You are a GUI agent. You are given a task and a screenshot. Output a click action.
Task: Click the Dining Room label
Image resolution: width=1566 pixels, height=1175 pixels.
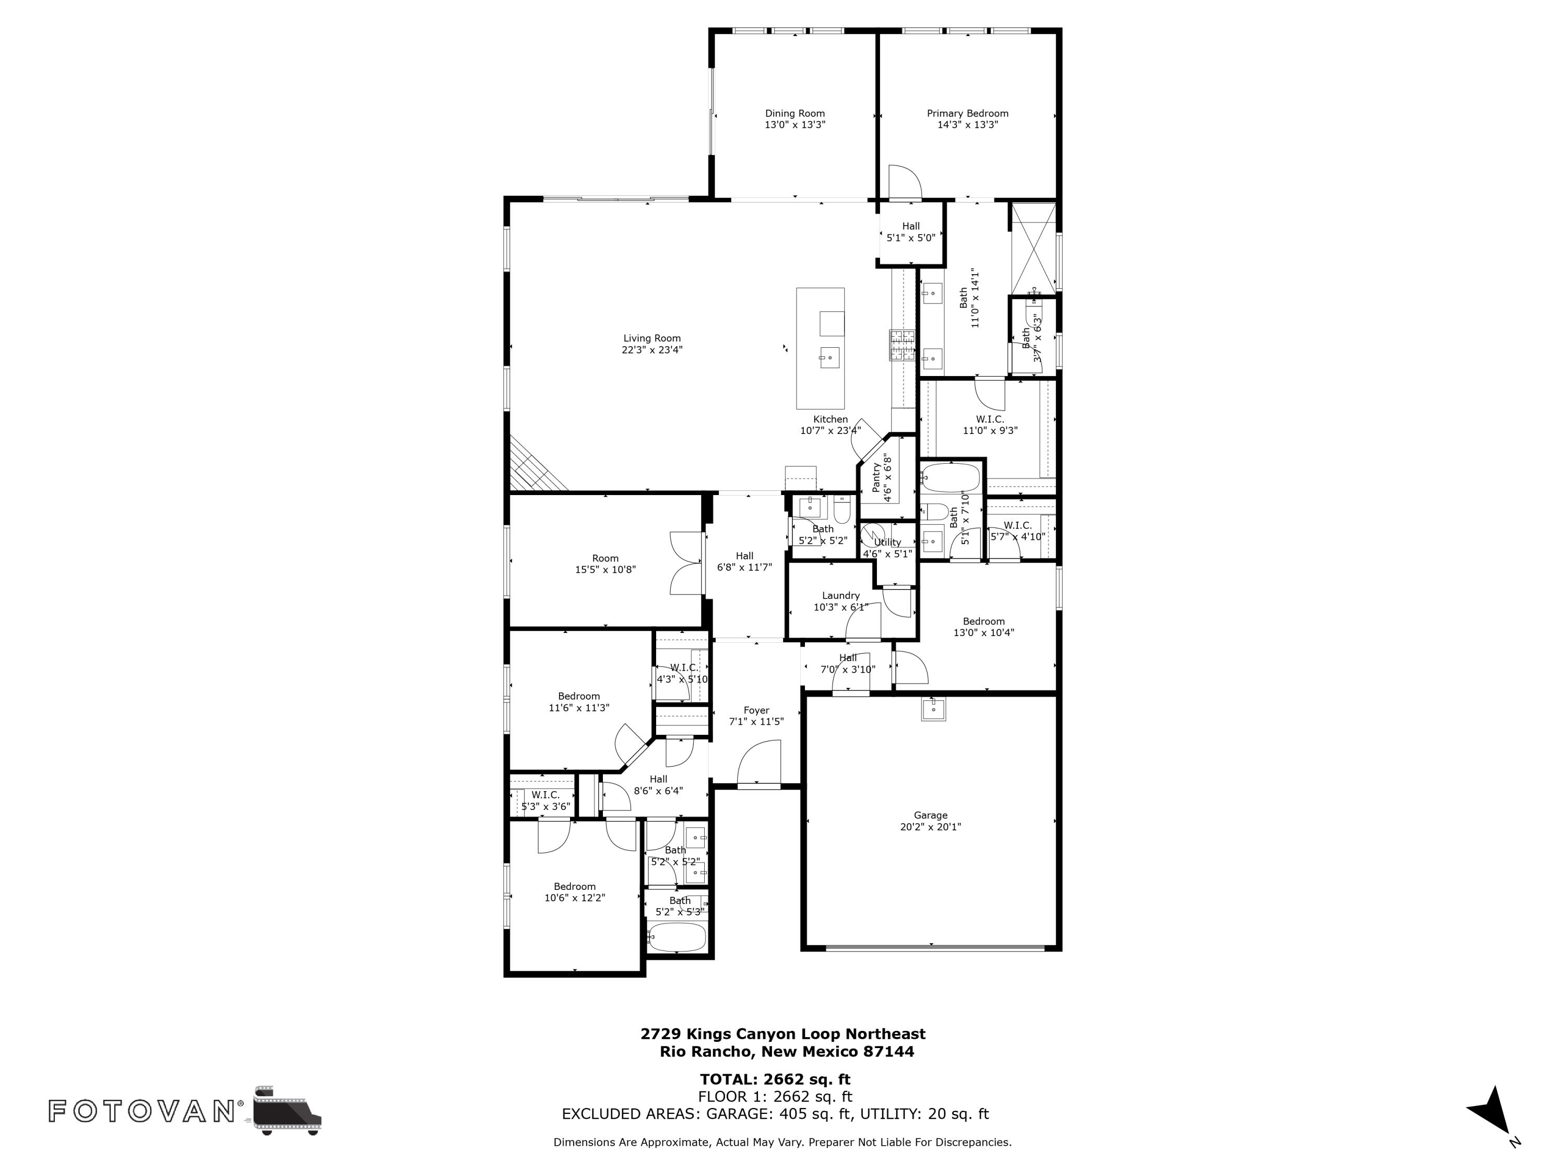click(794, 113)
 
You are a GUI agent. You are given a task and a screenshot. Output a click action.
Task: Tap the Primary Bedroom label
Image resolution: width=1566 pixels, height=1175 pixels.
click(968, 113)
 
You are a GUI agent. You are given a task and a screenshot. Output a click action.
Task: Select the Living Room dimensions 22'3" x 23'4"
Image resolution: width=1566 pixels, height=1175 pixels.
click(652, 350)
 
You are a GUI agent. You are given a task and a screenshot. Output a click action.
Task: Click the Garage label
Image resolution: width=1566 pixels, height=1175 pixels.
click(930, 815)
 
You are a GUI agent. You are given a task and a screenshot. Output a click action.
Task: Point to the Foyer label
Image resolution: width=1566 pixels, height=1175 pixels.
click(756, 710)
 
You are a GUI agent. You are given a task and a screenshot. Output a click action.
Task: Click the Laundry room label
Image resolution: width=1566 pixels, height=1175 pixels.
click(841, 596)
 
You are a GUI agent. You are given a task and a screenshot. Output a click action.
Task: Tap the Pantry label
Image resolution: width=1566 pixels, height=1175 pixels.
click(876, 478)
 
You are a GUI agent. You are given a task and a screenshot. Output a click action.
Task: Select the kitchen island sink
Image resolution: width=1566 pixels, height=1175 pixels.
click(829, 358)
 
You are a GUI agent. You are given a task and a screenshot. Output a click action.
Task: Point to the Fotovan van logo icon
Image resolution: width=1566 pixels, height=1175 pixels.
click(287, 1110)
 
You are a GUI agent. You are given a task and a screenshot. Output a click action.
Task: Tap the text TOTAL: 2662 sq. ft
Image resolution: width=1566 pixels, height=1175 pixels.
click(775, 1079)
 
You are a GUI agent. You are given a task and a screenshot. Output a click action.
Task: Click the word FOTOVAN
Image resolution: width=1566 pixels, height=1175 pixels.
click(141, 1111)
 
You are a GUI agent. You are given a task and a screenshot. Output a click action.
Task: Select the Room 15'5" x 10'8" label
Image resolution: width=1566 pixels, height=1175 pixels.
click(606, 564)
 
